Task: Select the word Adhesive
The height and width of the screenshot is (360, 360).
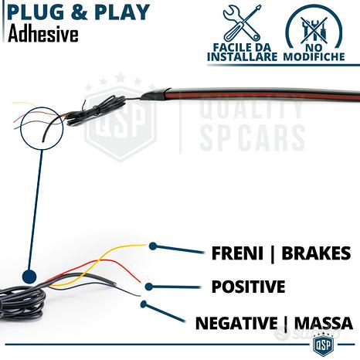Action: coord(43,35)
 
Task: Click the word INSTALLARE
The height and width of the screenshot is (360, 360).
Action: coord(242,56)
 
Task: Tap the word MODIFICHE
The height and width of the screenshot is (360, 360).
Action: coord(314,56)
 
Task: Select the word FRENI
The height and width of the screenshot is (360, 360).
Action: coord(237,253)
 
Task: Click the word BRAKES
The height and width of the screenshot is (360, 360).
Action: coord(316,253)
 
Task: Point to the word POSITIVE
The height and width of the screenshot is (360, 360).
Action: coord(248,287)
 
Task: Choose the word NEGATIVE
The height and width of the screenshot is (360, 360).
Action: coord(236,323)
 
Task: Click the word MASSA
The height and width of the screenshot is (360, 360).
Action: coord(323,323)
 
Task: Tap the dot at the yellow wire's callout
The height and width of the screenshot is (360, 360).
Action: coord(153,246)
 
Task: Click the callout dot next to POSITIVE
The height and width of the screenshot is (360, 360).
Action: coord(148,287)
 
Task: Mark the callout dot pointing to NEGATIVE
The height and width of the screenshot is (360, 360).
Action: coord(144,304)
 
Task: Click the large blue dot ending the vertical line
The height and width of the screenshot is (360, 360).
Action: coord(29,277)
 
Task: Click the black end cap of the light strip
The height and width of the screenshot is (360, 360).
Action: coord(155,94)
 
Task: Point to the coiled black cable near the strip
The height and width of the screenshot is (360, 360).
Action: coord(95,110)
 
